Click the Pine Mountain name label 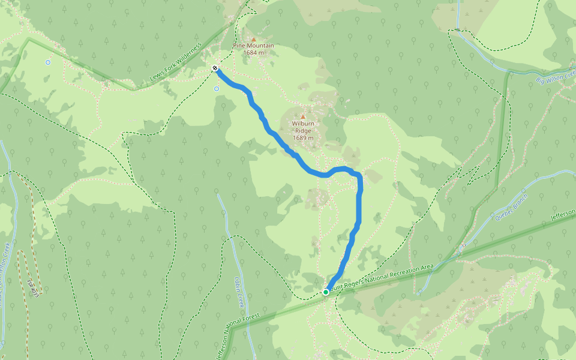pyautogui.click(x=253, y=46)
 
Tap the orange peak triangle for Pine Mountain pyautogui.click(x=253, y=40)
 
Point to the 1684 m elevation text pyautogui.click(x=253, y=53)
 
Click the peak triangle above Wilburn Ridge pyautogui.click(x=303, y=117)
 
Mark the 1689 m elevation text pyautogui.click(x=303, y=138)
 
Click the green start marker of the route pyautogui.click(x=326, y=292)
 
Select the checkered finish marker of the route pyautogui.click(x=215, y=69)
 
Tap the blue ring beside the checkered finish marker pyautogui.click(x=217, y=88)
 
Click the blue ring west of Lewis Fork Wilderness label pyautogui.click(x=48, y=62)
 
